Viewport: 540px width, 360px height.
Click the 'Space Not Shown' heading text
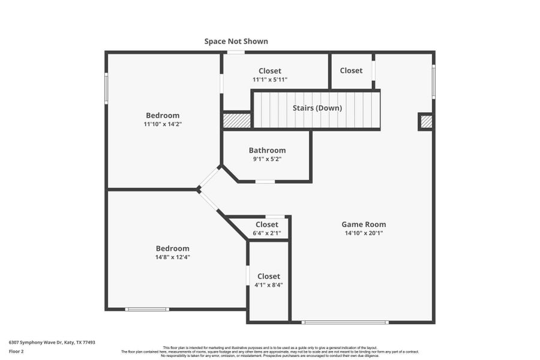point(236,41)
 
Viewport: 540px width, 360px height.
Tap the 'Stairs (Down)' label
point(317,108)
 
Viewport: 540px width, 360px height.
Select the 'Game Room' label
point(364,224)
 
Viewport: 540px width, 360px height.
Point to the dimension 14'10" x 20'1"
point(364,233)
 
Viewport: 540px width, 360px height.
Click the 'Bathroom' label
point(267,151)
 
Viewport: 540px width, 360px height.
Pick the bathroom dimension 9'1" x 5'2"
point(267,159)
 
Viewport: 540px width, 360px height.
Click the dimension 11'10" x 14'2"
point(163,124)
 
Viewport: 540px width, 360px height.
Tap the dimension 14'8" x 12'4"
point(172,257)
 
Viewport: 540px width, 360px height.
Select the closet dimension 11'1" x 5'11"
point(269,80)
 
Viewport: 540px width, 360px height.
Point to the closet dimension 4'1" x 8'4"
point(268,285)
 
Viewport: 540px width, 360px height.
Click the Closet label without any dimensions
point(351,71)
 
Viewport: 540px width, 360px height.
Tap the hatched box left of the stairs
point(236,120)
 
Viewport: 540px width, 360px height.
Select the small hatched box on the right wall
point(426,122)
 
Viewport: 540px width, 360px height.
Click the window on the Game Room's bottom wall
point(345,322)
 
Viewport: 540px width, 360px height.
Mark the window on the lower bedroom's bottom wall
point(146,309)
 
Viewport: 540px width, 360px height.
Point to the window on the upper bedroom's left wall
point(107,89)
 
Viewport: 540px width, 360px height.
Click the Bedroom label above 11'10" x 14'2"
point(163,115)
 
